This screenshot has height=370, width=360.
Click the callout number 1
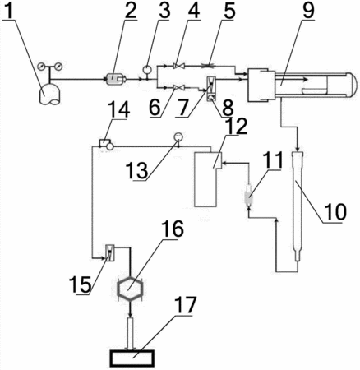click(x=9, y=10)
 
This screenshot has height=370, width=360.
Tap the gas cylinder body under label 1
click(x=49, y=95)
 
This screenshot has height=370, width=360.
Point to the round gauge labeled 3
click(x=147, y=68)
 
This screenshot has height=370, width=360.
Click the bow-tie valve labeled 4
click(x=179, y=66)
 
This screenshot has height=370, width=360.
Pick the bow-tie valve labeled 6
click(x=179, y=87)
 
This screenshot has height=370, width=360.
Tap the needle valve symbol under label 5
click(x=210, y=66)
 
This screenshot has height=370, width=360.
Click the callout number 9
click(x=308, y=10)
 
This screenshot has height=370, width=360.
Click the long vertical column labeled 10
click(x=298, y=206)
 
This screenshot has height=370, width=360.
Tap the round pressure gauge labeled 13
click(x=178, y=136)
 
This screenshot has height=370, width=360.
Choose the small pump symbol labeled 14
click(x=106, y=145)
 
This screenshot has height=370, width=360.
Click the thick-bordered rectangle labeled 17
click(x=132, y=358)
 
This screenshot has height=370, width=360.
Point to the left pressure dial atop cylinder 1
click(x=42, y=67)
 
